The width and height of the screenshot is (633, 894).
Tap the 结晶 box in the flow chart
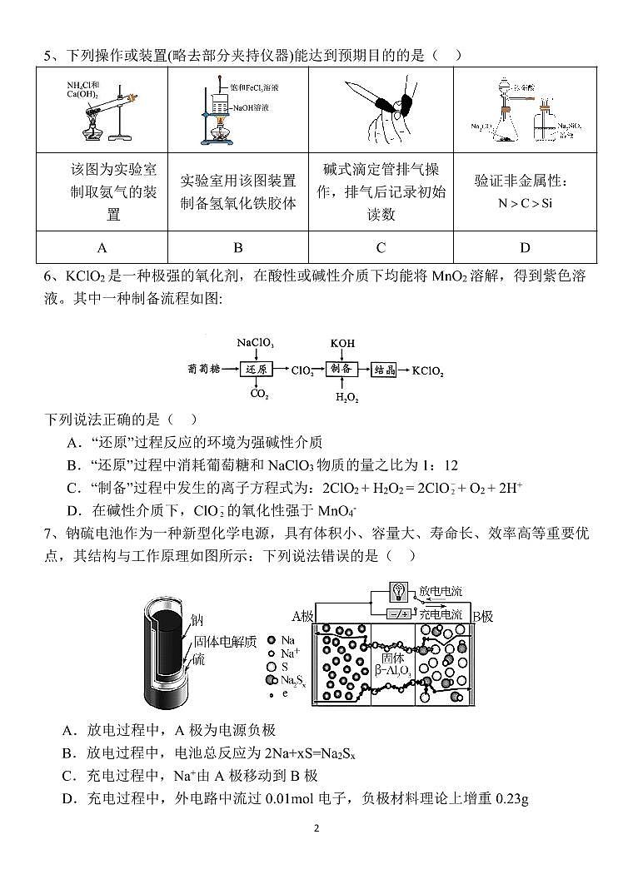(x=384, y=369)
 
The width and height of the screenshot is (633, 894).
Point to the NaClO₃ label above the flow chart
(x=255, y=343)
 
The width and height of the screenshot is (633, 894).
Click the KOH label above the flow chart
(x=341, y=343)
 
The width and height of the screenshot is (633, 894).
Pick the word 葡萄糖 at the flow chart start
(x=207, y=369)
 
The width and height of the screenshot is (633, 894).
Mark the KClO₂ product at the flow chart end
(x=428, y=370)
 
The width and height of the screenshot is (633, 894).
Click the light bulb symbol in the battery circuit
(x=399, y=591)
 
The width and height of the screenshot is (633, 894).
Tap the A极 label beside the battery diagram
(x=302, y=616)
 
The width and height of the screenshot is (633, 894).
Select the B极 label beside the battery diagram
(x=482, y=616)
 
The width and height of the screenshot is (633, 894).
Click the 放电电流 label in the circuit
(x=441, y=591)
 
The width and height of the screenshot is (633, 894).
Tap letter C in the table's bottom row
(x=381, y=247)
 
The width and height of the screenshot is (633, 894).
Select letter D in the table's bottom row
(x=525, y=247)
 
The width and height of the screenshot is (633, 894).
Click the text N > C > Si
(x=525, y=202)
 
